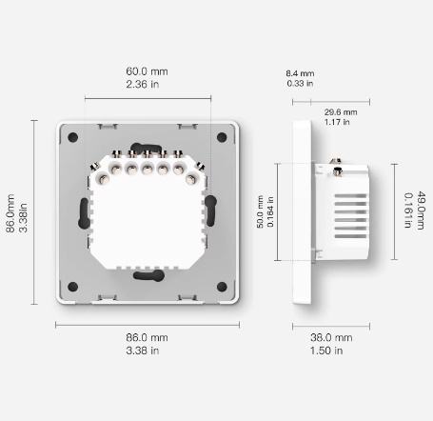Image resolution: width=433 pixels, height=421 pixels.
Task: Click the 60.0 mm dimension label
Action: (x=147, y=71)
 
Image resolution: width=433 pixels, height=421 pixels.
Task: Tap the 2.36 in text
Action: (x=143, y=84)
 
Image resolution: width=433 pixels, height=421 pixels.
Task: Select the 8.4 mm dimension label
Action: (x=300, y=73)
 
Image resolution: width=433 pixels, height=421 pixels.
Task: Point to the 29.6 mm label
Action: (x=341, y=112)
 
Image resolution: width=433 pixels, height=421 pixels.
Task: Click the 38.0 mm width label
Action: (x=331, y=337)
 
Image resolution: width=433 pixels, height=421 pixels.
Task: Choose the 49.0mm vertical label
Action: (x=421, y=210)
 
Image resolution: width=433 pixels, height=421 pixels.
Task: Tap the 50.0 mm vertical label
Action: (x=260, y=211)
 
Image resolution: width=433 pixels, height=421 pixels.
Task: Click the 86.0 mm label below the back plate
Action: (x=147, y=337)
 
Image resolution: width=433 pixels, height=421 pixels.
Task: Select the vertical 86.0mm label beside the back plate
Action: (x=10, y=213)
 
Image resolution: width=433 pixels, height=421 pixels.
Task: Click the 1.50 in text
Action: (x=326, y=351)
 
